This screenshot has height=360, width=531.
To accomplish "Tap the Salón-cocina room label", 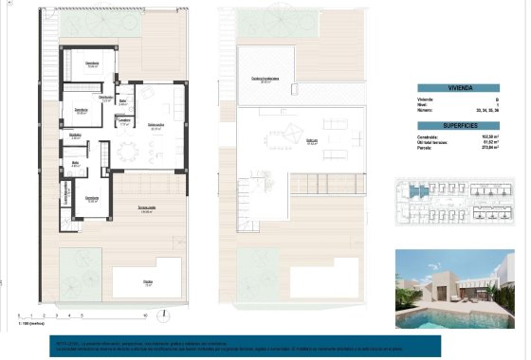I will pos(156,124).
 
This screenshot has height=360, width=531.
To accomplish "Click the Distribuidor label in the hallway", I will pos(106,97).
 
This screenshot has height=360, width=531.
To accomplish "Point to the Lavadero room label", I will pos(124,120).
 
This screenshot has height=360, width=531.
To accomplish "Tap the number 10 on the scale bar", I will pos(144,315).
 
